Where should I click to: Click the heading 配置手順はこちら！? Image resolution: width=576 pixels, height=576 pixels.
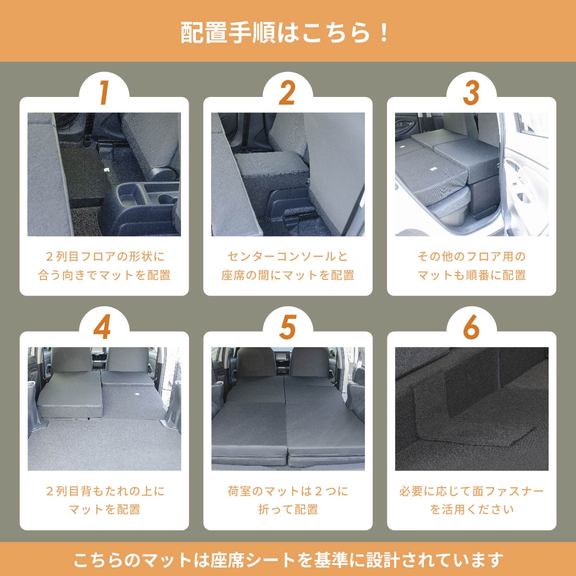(287, 32)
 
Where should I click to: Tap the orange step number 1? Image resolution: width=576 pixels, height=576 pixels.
(104, 93)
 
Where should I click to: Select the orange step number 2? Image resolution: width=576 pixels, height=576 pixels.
(287, 93)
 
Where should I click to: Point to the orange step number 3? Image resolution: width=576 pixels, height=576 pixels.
(471, 93)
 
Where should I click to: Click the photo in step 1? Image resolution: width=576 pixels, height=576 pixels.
(104, 174)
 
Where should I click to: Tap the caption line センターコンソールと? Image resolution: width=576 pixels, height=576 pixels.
(288, 256)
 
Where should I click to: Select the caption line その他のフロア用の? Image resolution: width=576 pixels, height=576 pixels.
(471, 256)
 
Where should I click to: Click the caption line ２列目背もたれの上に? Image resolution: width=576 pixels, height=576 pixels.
(104, 491)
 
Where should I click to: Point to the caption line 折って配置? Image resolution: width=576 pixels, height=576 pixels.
(288, 509)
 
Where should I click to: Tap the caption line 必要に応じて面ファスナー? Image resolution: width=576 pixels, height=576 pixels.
(471, 491)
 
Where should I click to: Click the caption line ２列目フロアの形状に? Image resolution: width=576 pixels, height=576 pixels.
(104, 256)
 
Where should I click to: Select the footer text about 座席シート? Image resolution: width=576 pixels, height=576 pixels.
(288, 560)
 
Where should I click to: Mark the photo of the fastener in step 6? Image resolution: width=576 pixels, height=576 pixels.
(471, 408)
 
